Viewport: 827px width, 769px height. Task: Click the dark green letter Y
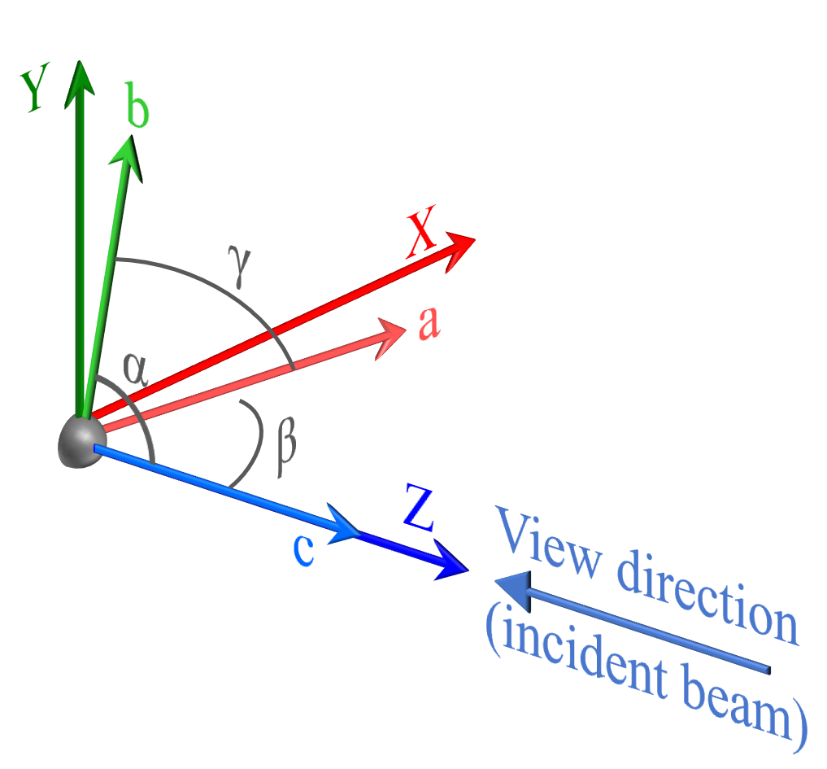tap(35, 87)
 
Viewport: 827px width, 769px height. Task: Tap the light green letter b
tap(138, 105)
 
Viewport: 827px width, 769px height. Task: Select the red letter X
tap(421, 232)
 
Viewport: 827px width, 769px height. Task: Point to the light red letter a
tap(429, 322)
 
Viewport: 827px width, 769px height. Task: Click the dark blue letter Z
tap(419, 508)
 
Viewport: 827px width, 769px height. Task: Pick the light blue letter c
tap(303, 550)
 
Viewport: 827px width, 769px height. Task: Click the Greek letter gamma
tap(239, 266)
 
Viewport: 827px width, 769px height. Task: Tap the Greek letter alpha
tap(135, 369)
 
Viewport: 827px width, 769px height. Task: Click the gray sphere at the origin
tap(82, 441)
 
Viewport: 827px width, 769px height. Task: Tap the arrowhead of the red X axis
tap(458, 251)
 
